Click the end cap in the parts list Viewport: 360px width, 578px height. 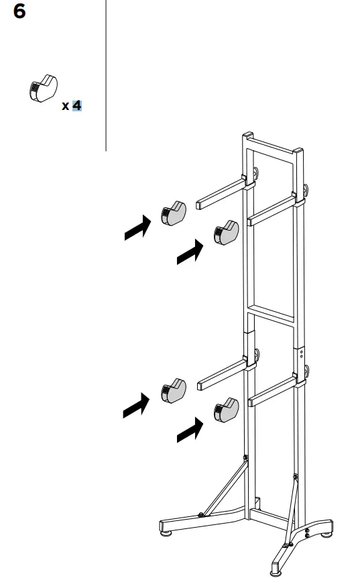coord(44,88)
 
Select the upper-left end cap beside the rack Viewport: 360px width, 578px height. coord(174,213)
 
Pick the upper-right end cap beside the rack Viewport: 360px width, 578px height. coord(225,232)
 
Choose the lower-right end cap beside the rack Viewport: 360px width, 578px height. coord(225,410)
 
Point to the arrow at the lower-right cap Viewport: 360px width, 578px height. coord(189,430)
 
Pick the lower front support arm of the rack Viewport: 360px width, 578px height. coord(272,392)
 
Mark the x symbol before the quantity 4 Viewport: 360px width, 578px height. coord(65,106)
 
